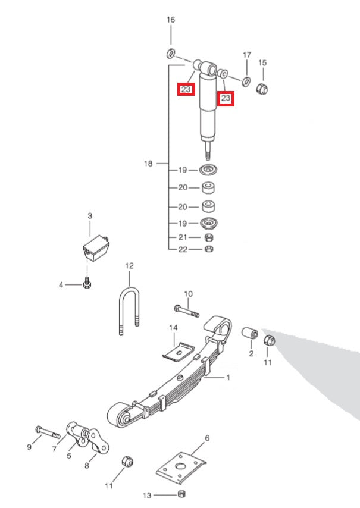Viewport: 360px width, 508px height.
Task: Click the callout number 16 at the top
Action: pos(171,20)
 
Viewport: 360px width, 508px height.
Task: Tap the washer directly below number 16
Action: pos(171,54)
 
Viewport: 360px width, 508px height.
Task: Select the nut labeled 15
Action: pos(262,89)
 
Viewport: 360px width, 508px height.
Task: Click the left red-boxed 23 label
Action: pos(186,90)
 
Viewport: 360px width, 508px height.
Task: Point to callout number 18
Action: pos(148,164)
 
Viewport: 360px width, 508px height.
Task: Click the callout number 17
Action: pos(247,55)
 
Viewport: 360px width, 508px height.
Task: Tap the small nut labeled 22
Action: pos(209,249)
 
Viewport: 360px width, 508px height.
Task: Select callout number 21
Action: pos(183,237)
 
